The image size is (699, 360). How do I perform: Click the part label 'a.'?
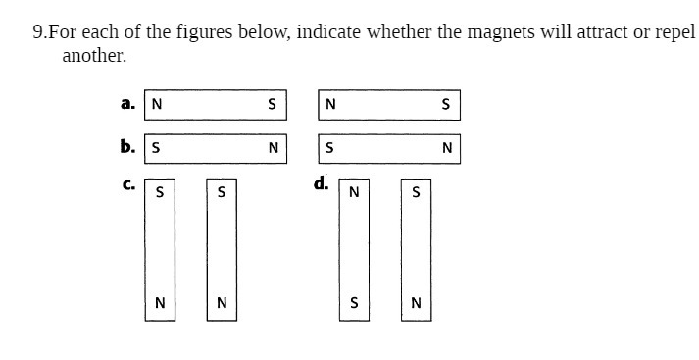tap(127, 102)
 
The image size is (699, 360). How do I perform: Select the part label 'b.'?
tap(127, 146)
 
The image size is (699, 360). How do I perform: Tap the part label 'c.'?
tap(127, 183)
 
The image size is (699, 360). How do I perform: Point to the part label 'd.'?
tap(321, 183)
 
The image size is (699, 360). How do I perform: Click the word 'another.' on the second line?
tap(94, 56)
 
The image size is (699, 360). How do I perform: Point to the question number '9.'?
tap(40, 32)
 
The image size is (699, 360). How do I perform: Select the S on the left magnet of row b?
tap(157, 149)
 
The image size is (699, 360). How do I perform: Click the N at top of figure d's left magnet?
tap(354, 192)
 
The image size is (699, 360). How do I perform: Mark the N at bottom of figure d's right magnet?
tap(416, 303)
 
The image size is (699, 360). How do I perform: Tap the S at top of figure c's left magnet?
tap(160, 192)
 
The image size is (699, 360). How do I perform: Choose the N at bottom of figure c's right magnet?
tap(222, 303)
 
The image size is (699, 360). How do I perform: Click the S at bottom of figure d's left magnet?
tap(354, 303)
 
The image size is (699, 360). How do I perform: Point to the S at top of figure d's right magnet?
tap(416, 192)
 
